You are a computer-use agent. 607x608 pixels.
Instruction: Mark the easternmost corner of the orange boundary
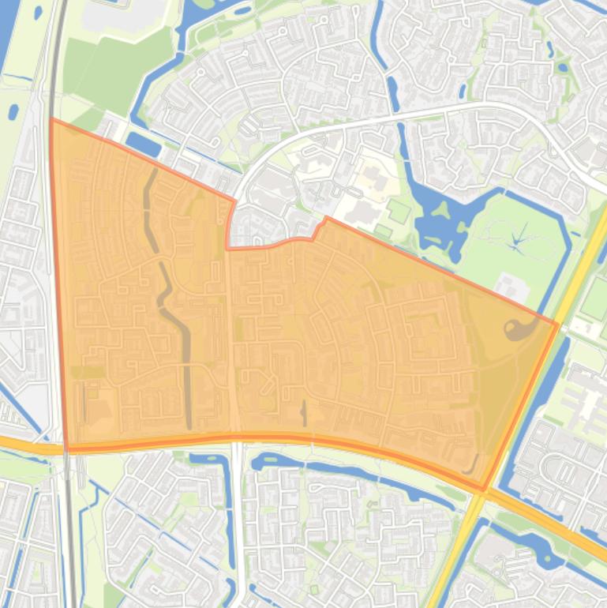[557, 324]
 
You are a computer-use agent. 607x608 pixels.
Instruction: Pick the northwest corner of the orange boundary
[51, 120]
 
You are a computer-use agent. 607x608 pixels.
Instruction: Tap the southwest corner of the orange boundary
[66, 450]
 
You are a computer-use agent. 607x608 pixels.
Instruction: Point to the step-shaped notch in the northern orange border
[319, 227]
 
